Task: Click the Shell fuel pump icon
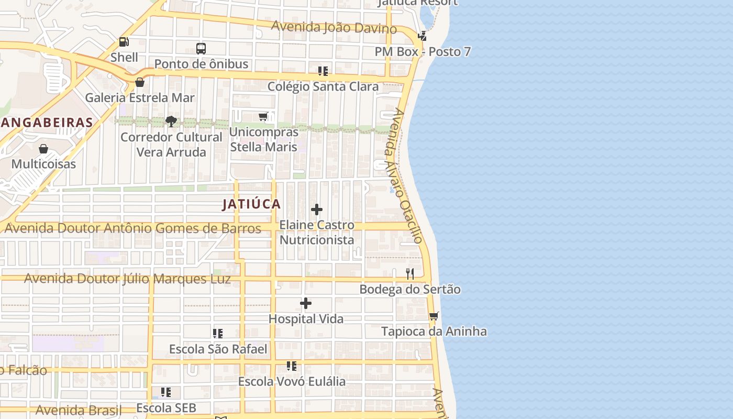(124, 42)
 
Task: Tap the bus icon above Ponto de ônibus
(201, 49)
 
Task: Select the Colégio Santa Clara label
(323, 86)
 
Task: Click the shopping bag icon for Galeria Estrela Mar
(140, 82)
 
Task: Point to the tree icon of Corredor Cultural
(171, 122)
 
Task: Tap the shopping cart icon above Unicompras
(263, 117)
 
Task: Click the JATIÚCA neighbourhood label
(251, 204)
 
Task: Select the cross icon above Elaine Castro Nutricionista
(317, 210)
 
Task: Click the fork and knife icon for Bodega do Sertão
(410, 273)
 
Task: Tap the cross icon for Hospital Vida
(306, 303)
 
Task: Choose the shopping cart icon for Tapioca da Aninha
(434, 316)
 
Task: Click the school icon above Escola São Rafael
(218, 333)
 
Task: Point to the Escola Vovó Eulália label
(292, 381)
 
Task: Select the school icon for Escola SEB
(166, 392)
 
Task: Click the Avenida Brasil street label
(79, 410)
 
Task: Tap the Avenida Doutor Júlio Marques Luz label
(127, 279)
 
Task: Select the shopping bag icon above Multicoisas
(43, 149)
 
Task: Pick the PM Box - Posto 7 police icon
(422, 36)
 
